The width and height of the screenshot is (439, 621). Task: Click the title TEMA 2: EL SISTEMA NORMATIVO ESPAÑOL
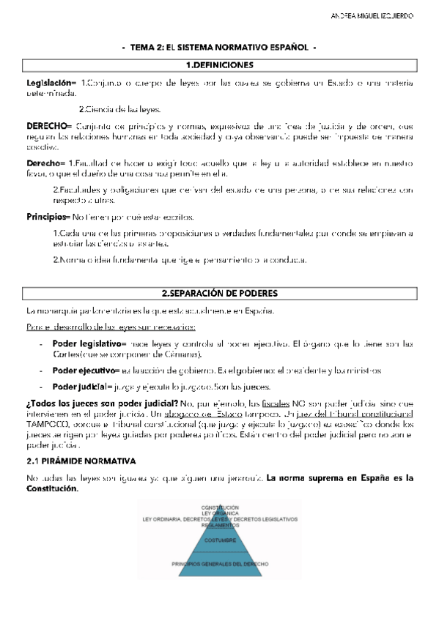pyautogui.click(x=219, y=48)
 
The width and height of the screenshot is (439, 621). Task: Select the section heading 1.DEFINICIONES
pyautogui.click(x=219, y=65)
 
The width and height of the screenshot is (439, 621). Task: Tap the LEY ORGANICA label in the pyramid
pyautogui.click(x=220, y=513)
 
